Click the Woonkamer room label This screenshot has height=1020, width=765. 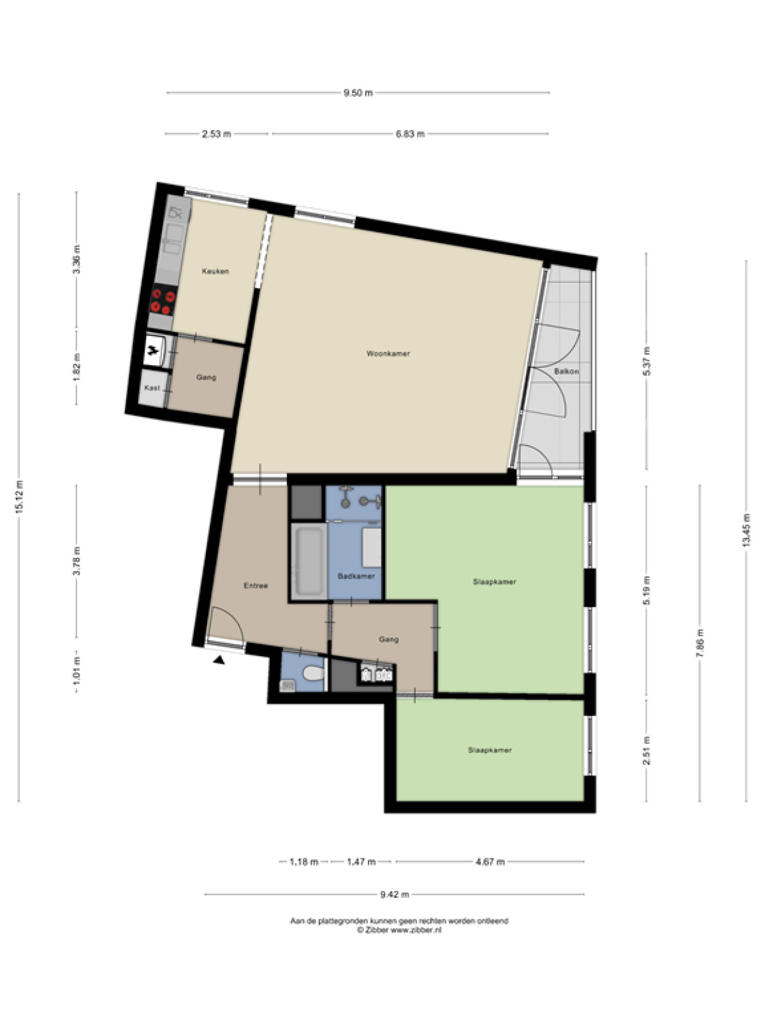(x=388, y=354)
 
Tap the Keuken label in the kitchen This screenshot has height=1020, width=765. (x=215, y=271)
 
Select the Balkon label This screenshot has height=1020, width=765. (x=566, y=371)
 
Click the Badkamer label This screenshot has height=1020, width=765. (x=356, y=576)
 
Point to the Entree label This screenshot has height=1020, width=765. (x=256, y=585)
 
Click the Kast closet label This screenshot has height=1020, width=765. (x=152, y=388)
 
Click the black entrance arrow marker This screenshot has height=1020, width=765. (x=218, y=660)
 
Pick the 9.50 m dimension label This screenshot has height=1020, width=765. (x=358, y=93)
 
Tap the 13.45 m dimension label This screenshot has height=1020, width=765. (x=746, y=530)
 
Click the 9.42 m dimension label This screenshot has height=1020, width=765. (x=395, y=894)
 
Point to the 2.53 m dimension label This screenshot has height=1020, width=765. (x=216, y=135)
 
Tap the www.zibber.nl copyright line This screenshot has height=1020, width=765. (x=399, y=930)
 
